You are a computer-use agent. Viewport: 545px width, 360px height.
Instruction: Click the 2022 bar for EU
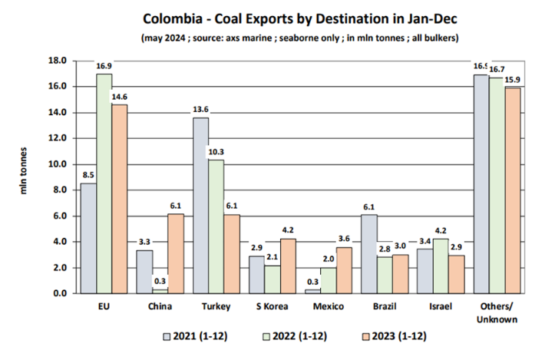[x=104, y=184]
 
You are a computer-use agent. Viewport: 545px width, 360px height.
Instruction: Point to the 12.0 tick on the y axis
[x=57, y=138]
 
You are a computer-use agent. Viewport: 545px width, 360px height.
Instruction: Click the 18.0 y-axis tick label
[x=57, y=61]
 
